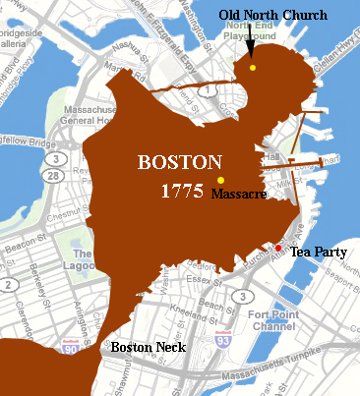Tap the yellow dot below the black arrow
click(253, 68)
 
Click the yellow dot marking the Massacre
click(220, 179)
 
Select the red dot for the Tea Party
click(278, 250)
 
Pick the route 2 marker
click(8, 285)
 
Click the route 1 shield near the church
click(209, 91)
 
